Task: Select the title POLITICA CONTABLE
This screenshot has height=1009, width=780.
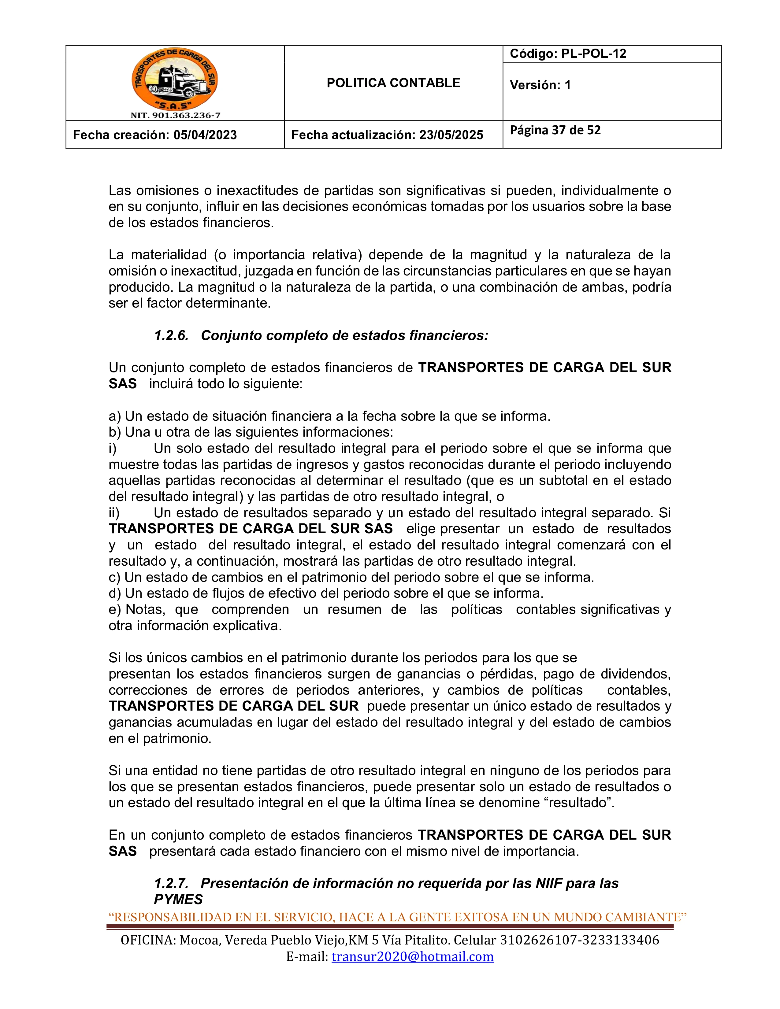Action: [393, 83]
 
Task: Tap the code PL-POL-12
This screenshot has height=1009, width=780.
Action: [593, 54]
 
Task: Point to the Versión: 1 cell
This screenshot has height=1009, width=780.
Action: [540, 85]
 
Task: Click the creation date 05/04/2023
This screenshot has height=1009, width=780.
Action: [205, 135]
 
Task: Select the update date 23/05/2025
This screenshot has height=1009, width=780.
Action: [451, 135]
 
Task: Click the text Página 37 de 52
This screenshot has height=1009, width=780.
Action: [555, 130]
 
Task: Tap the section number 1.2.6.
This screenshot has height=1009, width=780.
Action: [171, 335]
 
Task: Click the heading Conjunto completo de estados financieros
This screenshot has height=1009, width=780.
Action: [344, 335]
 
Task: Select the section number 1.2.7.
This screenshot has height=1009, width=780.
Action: [171, 883]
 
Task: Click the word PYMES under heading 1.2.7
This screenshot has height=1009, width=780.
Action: [178, 900]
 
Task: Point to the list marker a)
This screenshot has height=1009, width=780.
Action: [115, 416]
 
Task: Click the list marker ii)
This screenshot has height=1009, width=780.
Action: [114, 513]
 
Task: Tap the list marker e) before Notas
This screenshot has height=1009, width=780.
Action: [115, 609]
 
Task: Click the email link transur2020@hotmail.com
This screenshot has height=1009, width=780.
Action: [413, 956]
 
